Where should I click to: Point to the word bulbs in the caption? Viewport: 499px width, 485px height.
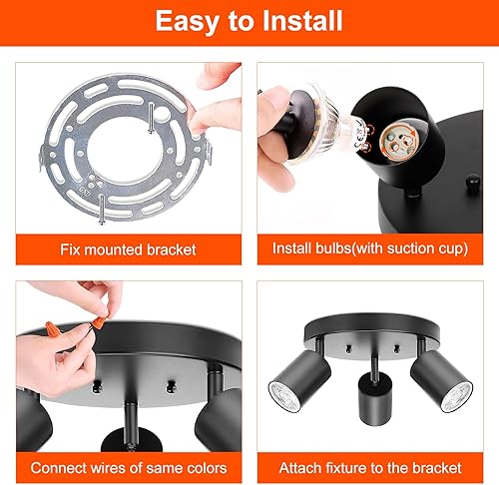point(324,249)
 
